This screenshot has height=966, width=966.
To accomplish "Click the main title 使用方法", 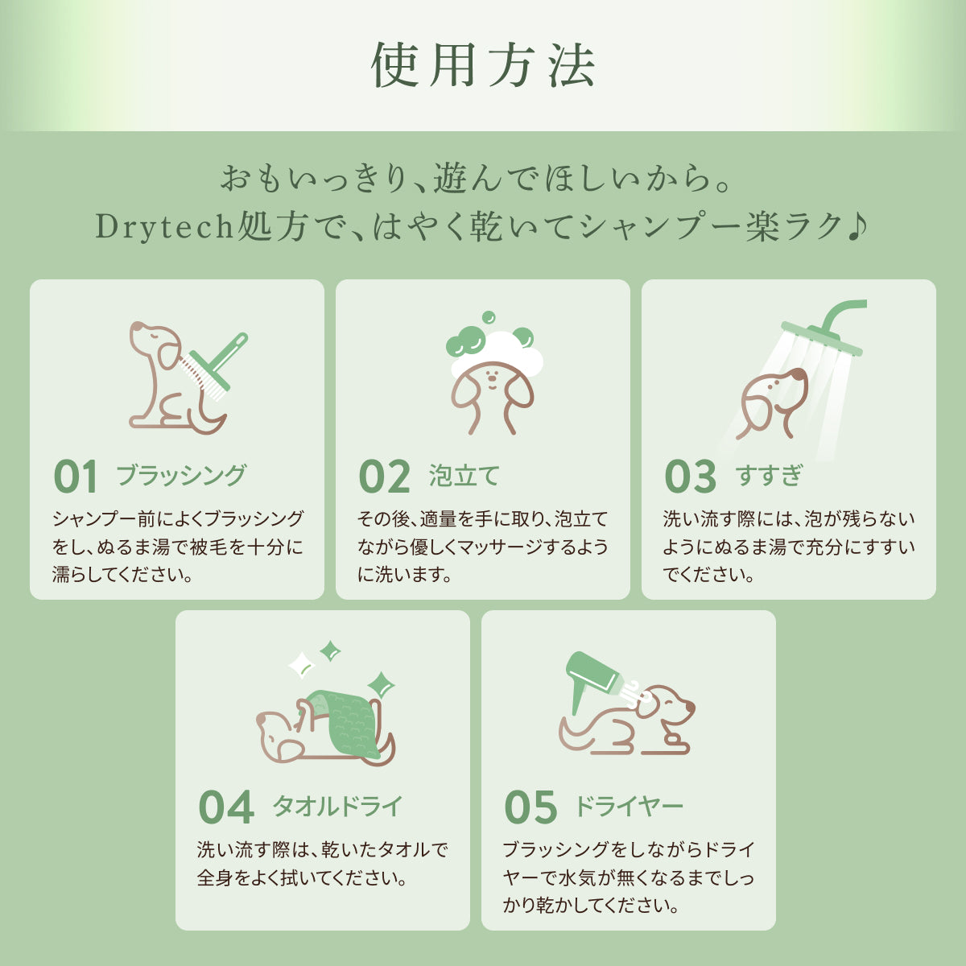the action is point(483,65).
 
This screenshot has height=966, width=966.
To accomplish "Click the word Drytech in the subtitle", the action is point(165,227).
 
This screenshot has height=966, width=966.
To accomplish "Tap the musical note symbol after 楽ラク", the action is point(857,226).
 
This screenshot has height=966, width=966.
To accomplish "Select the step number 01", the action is point(75,477).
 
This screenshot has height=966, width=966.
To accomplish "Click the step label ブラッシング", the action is point(181,475).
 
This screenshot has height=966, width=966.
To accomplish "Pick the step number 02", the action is point(385,477).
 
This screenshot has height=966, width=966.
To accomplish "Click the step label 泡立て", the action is point(464,475).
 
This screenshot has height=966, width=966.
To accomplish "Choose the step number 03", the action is point(690,477).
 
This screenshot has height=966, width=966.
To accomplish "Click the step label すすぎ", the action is point(769,475).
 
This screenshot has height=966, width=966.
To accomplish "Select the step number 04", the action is point(226,807).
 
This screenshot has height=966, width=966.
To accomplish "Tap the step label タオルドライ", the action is point(337,806).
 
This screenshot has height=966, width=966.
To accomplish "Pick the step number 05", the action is point(530,807).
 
